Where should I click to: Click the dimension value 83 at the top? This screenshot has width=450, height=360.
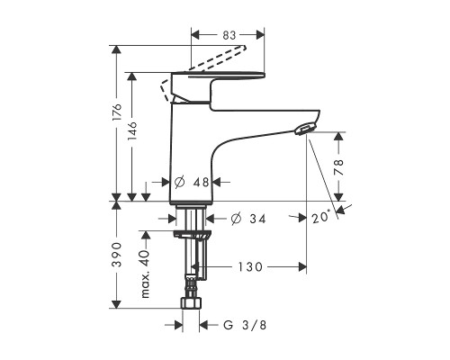pos(229,35)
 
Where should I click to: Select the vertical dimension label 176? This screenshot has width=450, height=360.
pos(117,112)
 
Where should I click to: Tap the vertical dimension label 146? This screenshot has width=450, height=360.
pos(131,130)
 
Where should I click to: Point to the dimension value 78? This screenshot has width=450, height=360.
pos(338,167)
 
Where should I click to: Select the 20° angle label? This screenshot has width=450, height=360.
pos(321,217)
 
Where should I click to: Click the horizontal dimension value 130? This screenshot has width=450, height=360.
pos(250,266)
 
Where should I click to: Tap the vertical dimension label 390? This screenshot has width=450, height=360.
pos(117,255)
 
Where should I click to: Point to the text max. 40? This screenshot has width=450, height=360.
pos(145,274)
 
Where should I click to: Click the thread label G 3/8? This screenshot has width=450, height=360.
pos(245,325)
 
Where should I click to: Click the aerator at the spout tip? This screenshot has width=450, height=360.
pos(304,129)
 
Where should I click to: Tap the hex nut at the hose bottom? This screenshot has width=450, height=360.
pos(191,303)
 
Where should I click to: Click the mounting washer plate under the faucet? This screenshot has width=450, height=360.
pos(193,234)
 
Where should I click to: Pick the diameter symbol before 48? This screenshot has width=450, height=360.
pos(179,182)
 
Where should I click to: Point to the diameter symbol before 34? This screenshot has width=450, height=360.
pos(236,219)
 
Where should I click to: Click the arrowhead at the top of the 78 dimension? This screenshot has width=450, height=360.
pos(338,137)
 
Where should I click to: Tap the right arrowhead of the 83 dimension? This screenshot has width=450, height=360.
pos(260,35)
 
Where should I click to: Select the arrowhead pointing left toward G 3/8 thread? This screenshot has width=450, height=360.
pos(204,325)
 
